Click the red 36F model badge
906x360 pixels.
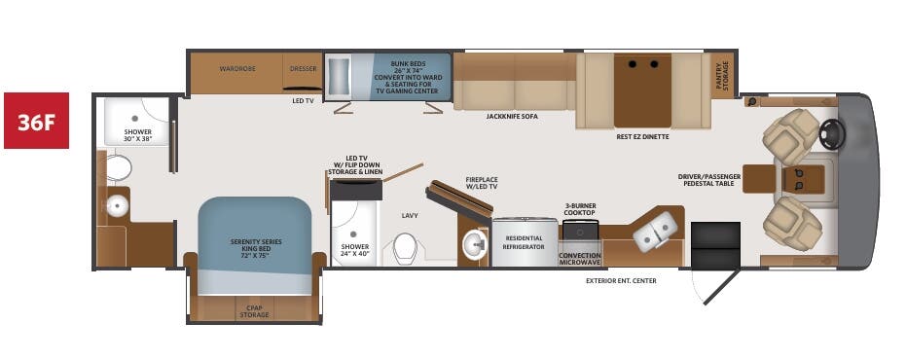click(36, 121)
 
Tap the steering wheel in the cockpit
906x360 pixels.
click(830, 134)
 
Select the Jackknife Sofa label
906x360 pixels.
click(512, 116)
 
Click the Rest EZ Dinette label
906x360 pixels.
click(642, 137)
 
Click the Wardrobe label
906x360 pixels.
click(236, 69)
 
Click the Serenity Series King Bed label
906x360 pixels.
click(255, 245)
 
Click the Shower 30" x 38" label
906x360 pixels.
click(138, 134)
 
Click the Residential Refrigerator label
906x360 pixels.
click(525, 243)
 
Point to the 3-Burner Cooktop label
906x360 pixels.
click(581, 209)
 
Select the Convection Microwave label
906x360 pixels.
click(580, 259)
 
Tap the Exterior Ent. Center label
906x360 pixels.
click(621, 281)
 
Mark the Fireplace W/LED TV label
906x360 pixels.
click(481, 182)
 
